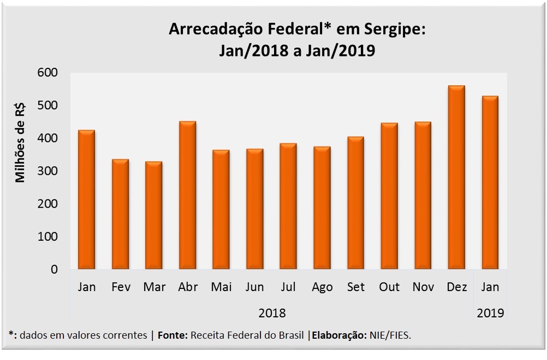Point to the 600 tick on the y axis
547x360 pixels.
[x=48, y=73]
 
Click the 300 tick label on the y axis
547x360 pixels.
[x=48, y=171]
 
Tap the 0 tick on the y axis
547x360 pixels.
[x=54, y=269]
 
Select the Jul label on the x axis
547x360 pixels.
[x=288, y=287]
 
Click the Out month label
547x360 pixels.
[x=389, y=287]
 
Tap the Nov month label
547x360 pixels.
[x=423, y=287]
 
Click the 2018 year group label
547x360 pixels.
[x=272, y=314]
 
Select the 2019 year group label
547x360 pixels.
[x=490, y=314]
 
